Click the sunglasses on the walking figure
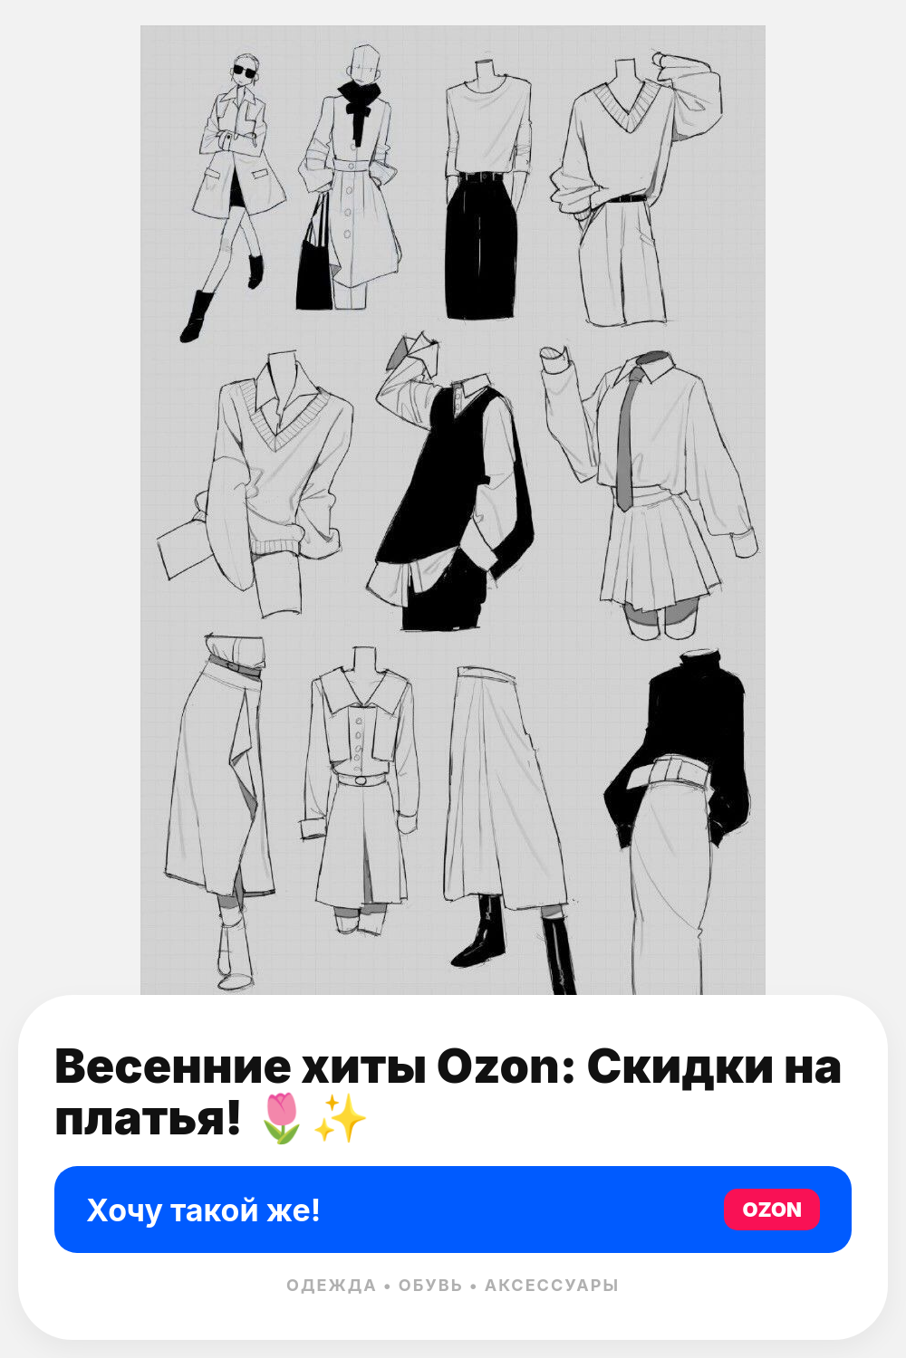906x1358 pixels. pyautogui.click(x=245, y=72)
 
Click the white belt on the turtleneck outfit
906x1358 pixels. pyautogui.click(x=673, y=770)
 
